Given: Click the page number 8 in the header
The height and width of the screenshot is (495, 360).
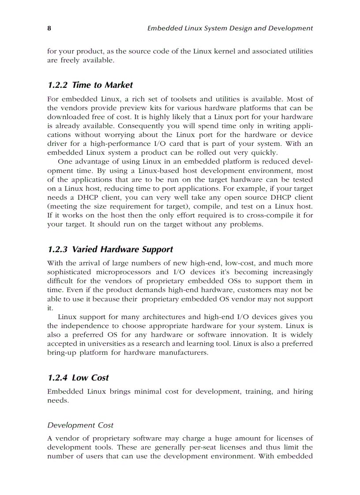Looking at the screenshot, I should (49, 28).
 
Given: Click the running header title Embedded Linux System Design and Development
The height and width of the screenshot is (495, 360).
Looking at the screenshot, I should (230, 28).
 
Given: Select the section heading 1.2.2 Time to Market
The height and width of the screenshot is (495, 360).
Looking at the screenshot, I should (90, 85).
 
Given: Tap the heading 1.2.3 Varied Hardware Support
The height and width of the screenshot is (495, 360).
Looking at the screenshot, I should (110, 249).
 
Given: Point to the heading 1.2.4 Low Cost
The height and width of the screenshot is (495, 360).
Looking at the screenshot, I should (78, 377).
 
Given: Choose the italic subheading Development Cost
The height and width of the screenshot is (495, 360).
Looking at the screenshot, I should (80, 425).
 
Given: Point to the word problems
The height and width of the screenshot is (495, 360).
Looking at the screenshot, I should (247, 224).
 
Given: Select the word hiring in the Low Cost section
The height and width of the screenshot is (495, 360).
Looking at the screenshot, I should (303, 391).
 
